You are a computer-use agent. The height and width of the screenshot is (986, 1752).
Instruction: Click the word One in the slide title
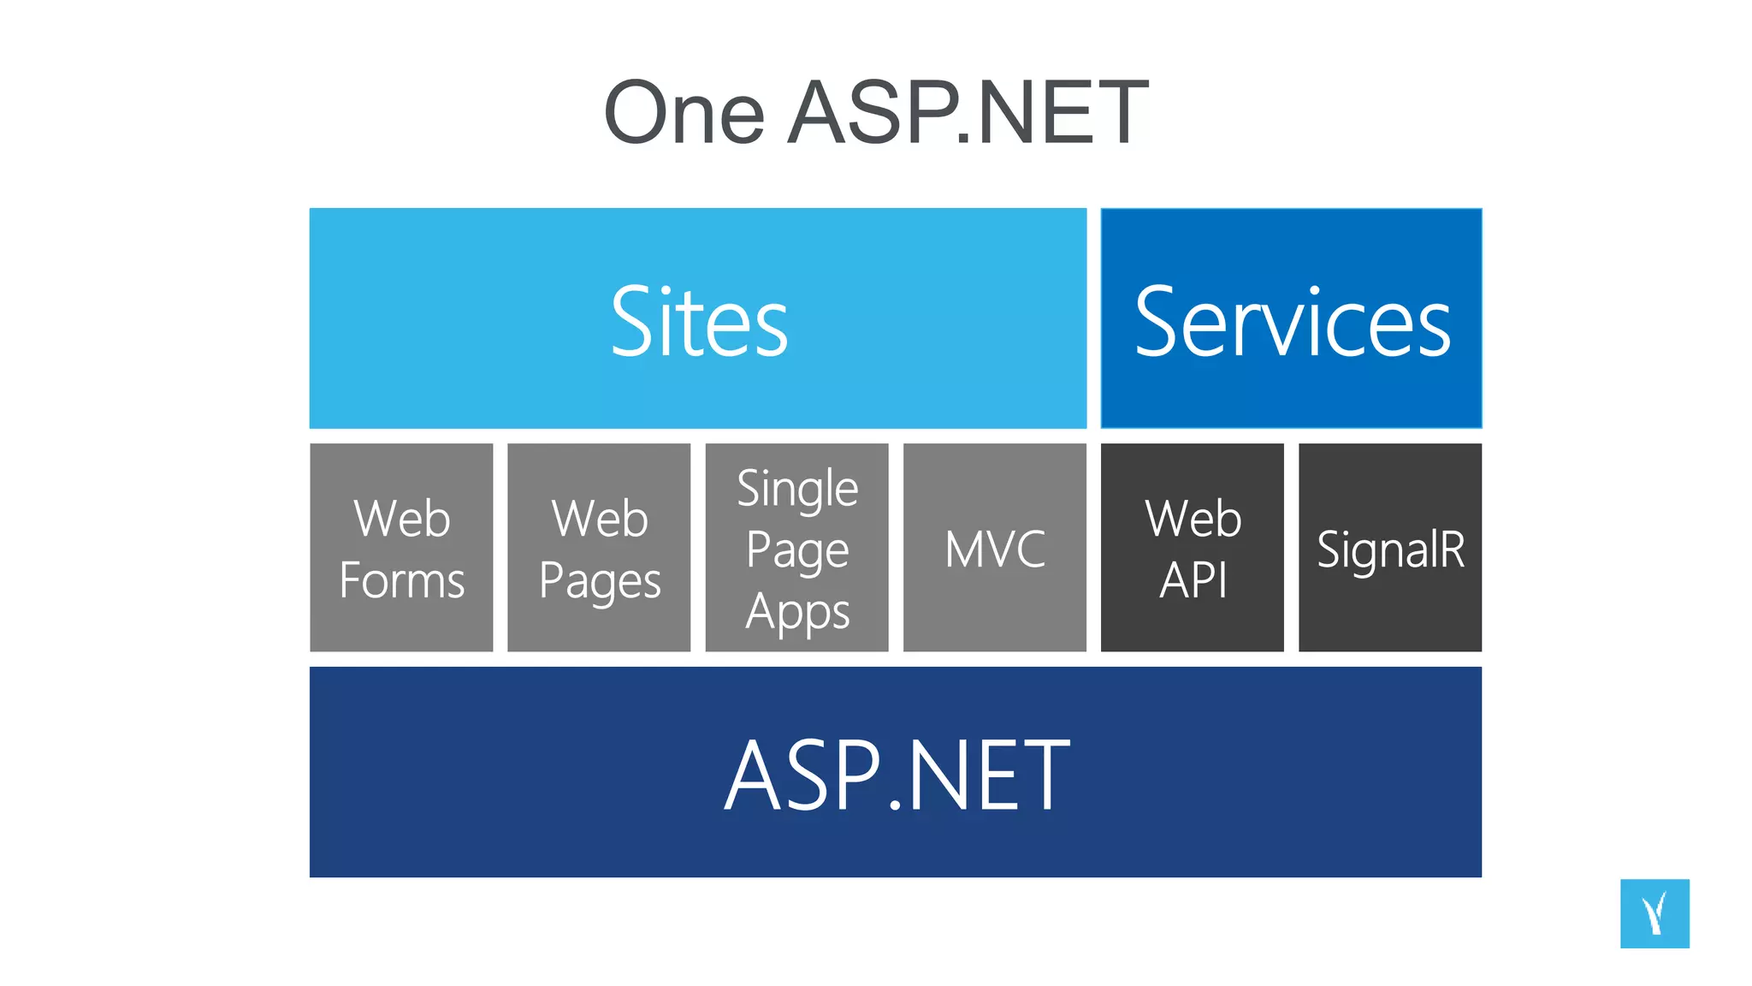click(x=684, y=113)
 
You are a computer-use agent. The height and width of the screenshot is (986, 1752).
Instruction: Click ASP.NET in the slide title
click(x=968, y=113)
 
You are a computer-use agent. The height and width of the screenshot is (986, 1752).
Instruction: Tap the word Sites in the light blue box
click(x=699, y=322)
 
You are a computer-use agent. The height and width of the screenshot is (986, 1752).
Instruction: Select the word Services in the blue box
click(x=1292, y=322)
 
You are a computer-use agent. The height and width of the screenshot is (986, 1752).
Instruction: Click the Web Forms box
click(x=401, y=548)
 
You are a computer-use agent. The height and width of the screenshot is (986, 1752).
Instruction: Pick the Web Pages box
click(x=599, y=548)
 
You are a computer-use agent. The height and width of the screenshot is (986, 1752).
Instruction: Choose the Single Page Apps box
click(x=796, y=548)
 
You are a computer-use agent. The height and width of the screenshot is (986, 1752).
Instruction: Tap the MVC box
click(x=995, y=548)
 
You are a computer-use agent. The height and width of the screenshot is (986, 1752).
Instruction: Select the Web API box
click(x=1193, y=548)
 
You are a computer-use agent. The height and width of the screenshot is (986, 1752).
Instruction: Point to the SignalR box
click(x=1390, y=548)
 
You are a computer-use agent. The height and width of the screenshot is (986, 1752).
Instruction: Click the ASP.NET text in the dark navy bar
click(x=896, y=775)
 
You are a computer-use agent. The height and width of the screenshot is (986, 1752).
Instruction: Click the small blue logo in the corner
click(x=1654, y=913)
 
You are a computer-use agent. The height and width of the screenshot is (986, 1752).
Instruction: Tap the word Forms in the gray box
click(x=401, y=580)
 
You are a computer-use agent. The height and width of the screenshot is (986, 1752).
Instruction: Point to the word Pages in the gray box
click(x=600, y=582)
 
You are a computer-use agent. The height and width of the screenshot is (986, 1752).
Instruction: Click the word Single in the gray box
click(x=797, y=490)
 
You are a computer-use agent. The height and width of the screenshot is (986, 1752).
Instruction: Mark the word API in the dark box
click(x=1193, y=580)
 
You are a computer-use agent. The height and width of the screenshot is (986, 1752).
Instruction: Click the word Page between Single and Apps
click(x=797, y=550)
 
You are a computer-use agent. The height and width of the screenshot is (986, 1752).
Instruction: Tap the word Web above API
click(x=1193, y=518)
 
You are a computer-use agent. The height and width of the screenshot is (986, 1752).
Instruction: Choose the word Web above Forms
click(x=401, y=518)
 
